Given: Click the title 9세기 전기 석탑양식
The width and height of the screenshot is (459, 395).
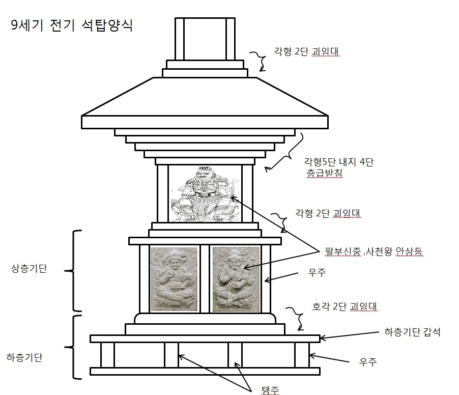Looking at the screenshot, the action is point(72,25).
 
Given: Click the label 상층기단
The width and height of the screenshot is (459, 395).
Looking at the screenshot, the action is point(29,268).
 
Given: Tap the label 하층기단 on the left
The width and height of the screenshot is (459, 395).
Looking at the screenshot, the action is point(24,357).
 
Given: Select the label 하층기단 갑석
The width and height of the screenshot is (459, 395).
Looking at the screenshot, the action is point(412,332).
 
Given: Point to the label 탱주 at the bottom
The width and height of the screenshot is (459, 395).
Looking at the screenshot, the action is point(270,390).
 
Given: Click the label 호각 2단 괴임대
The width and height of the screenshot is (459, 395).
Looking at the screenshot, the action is point(344,306).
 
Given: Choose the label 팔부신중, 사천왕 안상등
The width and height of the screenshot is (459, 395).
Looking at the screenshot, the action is point(374,251).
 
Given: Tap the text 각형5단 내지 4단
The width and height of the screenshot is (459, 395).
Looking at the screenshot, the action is point(339,162).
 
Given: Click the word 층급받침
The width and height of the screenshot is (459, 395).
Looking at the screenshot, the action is point(324,173).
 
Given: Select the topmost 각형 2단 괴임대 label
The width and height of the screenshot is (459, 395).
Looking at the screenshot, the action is point(306,51).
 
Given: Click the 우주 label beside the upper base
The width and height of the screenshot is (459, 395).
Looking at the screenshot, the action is point(317,272).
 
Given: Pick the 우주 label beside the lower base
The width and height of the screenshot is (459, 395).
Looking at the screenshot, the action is point(368,362).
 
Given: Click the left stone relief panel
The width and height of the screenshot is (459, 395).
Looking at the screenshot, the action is point(174,279).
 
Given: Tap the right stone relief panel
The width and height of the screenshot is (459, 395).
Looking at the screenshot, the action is point(236,279).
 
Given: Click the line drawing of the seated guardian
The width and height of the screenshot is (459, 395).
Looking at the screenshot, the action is point(205,194).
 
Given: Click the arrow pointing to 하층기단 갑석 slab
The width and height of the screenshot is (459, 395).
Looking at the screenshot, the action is point(350,335).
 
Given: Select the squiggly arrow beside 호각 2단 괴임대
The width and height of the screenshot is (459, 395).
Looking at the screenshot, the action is point(296,319).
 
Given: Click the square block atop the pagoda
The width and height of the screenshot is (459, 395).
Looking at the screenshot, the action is point(205,39).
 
